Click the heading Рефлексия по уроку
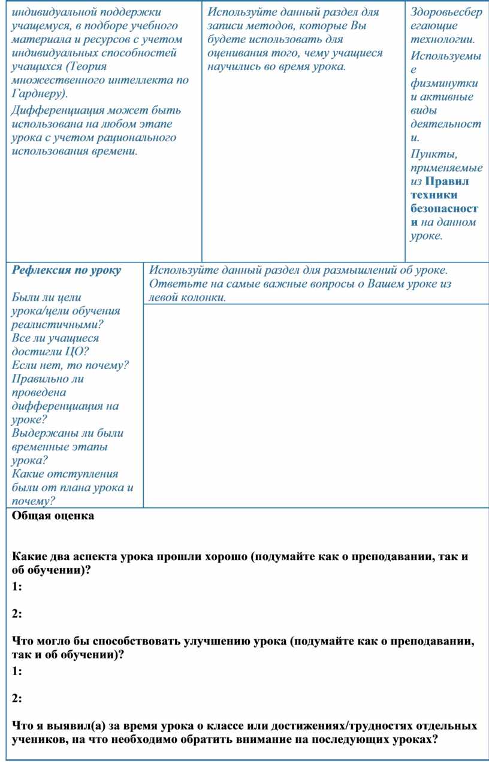tap(67, 270)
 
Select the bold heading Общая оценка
tap(53, 516)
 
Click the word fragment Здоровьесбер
tap(446, 13)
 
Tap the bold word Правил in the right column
tap(446, 181)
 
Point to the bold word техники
tap(434, 195)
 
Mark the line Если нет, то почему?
tap(70, 365)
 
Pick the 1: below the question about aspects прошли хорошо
tap(17, 587)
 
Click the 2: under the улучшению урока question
tap(17, 698)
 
